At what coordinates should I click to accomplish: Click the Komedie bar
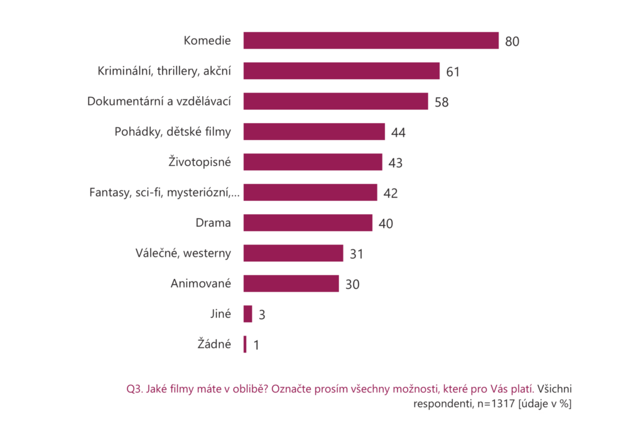(370, 40)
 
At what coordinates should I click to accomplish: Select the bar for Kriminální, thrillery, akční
(341, 71)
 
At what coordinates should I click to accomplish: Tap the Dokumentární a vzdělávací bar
(335, 101)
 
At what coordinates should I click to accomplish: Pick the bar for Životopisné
(313, 162)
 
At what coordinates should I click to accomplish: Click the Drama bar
(308, 223)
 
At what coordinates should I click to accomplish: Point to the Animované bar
(291, 283)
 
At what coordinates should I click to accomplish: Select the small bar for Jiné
(248, 314)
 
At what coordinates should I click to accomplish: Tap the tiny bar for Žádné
(245, 344)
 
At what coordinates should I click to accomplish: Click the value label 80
(512, 41)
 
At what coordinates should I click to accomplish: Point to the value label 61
(453, 72)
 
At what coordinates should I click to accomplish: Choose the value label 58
(441, 102)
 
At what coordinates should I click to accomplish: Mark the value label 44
(398, 133)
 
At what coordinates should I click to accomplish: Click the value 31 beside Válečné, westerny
(357, 254)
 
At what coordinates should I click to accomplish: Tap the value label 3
(261, 315)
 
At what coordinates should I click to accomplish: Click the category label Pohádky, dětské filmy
(173, 132)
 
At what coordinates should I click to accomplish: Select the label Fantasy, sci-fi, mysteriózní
(164, 192)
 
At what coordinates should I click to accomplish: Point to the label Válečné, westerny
(183, 253)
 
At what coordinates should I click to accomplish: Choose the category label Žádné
(214, 344)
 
